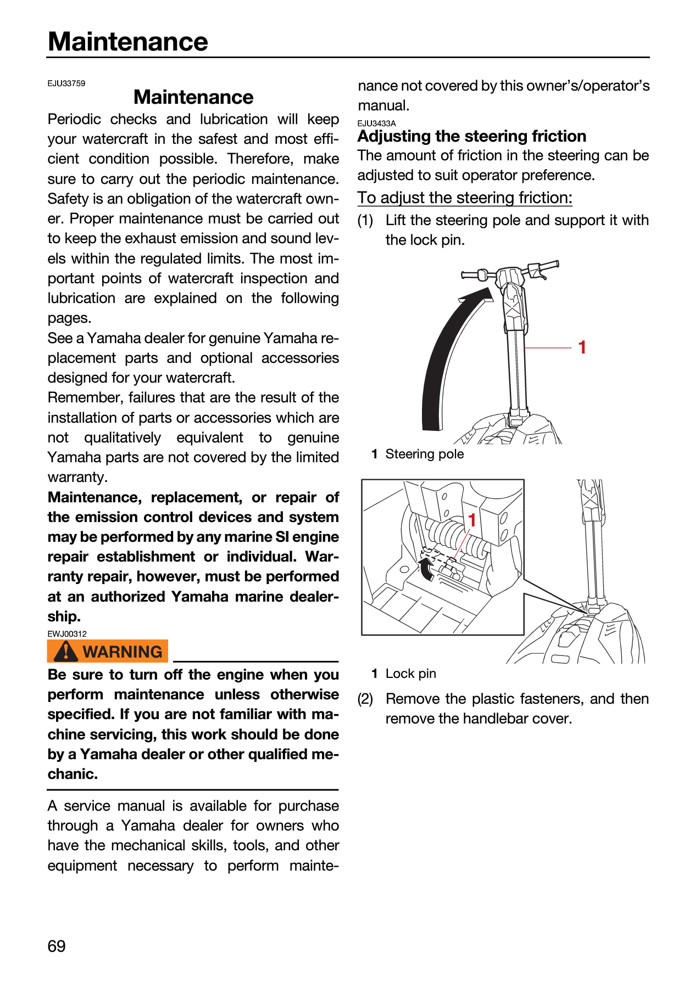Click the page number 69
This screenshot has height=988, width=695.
click(57, 946)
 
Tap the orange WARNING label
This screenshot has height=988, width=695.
click(108, 651)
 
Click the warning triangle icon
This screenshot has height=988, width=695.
click(66, 651)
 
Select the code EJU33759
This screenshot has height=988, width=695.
click(66, 83)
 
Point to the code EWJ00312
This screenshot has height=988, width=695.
click(67, 633)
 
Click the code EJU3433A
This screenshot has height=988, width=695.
click(377, 123)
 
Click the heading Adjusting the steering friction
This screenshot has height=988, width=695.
click(472, 136)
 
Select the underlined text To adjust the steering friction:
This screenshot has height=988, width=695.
click(465, 198)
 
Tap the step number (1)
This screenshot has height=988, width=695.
click(365, 220)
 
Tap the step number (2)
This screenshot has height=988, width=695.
click(365, 699)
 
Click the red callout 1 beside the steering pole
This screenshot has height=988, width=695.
click(582, 347)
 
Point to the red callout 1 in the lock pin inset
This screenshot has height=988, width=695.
click(472, 520)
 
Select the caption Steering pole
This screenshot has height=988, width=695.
click(425, 454)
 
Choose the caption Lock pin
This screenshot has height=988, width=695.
click(411, 673)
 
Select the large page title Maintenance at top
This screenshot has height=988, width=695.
click(128, 42)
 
